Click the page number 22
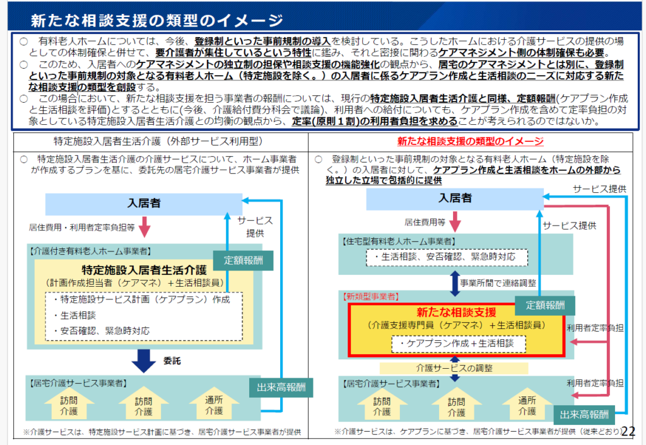[628, 431]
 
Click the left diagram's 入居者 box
[144, 204]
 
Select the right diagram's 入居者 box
[455, 198]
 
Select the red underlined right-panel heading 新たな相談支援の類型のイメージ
[470, 141]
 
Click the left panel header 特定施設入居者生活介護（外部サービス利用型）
[158, 141]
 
